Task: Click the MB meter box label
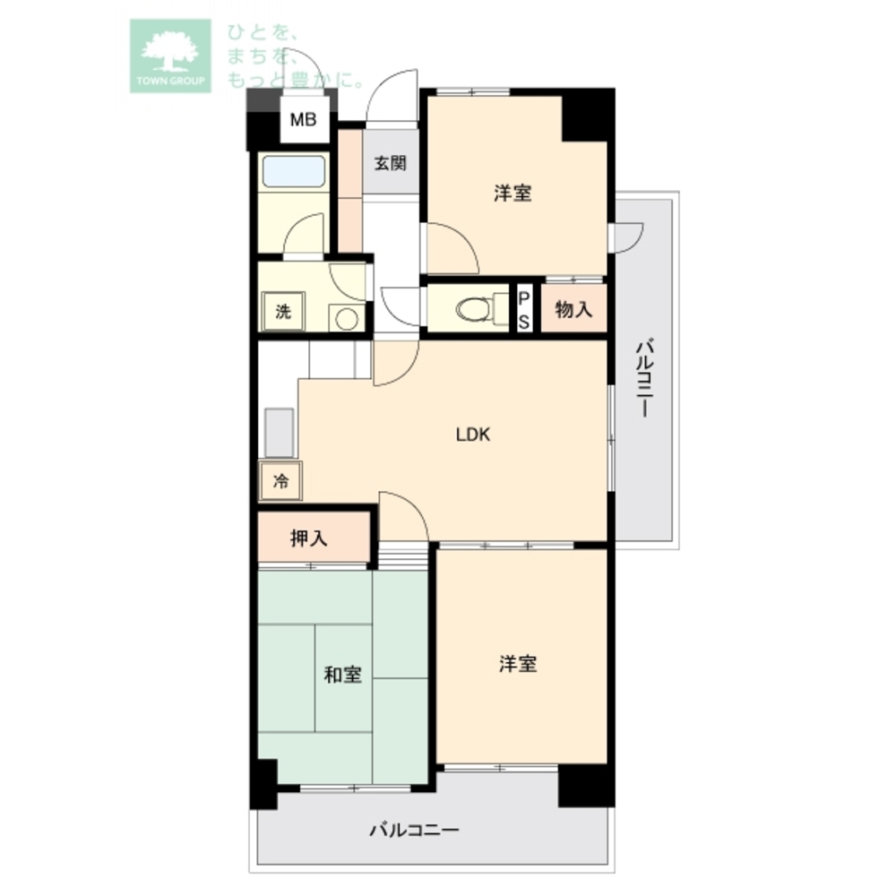click(x=303, y=120)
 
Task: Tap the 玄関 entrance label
click(x=391, y=163)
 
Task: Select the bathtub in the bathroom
click(x=294, y=171)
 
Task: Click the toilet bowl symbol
click(x=474, y=309)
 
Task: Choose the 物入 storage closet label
click(x=573, y=310)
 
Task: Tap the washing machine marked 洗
click(x=283, y=312)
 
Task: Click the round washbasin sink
click(x=346, y=318)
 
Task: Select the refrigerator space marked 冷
click(x=280, y=481)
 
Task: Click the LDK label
click(x=472, y=435)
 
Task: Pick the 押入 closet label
click(x=308, y=538)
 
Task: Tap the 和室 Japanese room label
click(x=343, y=675)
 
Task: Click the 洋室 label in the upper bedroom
click(x=513, y=194)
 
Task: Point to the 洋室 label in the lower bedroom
click(x=518, y=664)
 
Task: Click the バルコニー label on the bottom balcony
click(x=414, y=829)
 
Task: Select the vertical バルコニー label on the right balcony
click(x=644, y=379)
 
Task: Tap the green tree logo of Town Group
click(x=170, y=56)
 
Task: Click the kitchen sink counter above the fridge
click(x=280, y=433)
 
